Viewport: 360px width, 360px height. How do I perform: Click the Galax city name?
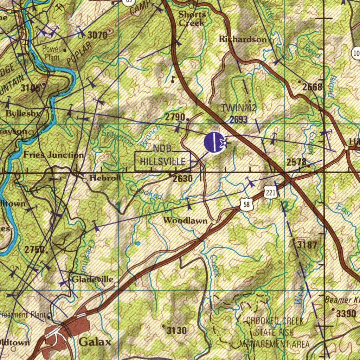coord(95,342)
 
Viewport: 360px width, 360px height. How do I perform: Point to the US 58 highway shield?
coord(246,205)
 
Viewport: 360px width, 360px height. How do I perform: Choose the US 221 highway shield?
coord(270,192)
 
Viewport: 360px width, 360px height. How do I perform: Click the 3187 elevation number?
coord(307,245)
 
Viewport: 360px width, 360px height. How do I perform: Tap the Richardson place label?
coord(243,39)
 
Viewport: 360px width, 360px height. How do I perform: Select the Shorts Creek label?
coord(192,19)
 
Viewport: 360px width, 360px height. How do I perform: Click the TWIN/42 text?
coord(239,108)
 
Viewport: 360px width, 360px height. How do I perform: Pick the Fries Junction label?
coord(53,155)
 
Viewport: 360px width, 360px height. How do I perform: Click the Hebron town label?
coord(105,178)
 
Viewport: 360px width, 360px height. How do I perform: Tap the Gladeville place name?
coord(92,279)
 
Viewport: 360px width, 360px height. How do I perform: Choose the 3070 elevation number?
coord(97,34)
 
